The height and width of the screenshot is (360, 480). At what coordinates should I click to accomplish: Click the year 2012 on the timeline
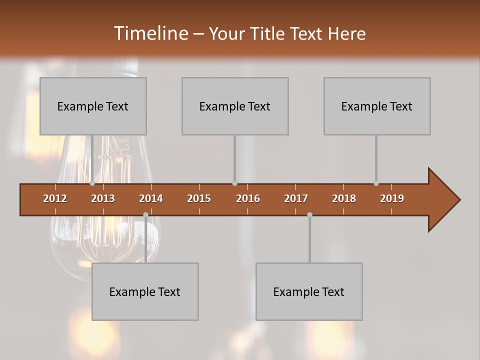click(x=55, y=198)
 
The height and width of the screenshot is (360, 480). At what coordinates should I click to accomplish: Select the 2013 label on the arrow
click(x=103, y=198)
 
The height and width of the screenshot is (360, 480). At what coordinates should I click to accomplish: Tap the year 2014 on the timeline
click(x=151, y=198)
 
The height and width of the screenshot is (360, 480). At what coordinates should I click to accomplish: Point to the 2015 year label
click(x=199, y=198)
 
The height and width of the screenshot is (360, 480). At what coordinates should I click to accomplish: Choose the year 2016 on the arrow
click(x=248, y=198)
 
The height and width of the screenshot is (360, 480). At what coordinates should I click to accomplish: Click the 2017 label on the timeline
click(x=296, y=198)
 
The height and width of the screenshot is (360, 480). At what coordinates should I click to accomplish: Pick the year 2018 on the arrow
click(x=344, y=198)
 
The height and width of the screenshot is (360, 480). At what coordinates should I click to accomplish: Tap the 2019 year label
click(x=392, y=198)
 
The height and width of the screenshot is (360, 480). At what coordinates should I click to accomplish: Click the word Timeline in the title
click(x=150, y=33)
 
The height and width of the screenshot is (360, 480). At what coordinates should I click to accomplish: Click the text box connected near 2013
click(x=93, y=106)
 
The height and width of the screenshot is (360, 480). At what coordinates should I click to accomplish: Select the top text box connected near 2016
click(x=235, y=106)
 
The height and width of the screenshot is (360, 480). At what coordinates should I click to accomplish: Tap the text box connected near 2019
click(x=377, y=106)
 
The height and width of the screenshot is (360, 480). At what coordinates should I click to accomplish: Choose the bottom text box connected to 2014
click(x=145, y=291)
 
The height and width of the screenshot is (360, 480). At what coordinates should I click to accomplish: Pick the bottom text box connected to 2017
click(x=309, y=291)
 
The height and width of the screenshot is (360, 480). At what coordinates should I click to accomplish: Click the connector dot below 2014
click(x=145, y=214)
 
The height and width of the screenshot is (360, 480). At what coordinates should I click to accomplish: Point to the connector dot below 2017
click(x=309, y=214)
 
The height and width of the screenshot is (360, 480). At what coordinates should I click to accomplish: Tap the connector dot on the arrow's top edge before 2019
click(x=376, y=183)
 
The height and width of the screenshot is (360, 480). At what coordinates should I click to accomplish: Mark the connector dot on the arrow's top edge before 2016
click(x=234, y=183)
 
